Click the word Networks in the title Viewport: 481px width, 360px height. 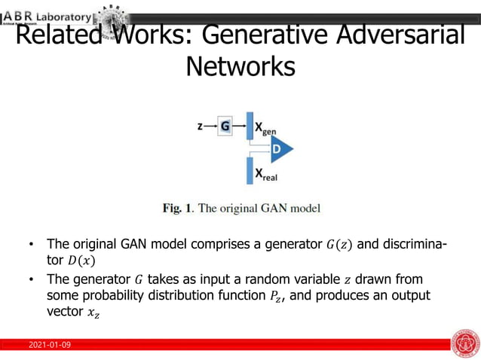tap(240, 66)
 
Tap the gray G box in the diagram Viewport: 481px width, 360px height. tap(225, 127)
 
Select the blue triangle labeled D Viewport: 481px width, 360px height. tap(280, 149)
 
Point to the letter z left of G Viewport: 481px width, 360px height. tap(200, 127)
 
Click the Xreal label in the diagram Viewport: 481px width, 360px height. tap(268, 174)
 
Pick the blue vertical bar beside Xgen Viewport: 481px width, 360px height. tap(250, 126)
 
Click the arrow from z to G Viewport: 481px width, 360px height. tap(210, 127)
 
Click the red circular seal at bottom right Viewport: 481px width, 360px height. tap(464, 343)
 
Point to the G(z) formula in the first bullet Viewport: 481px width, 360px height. tap(340, 244)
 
